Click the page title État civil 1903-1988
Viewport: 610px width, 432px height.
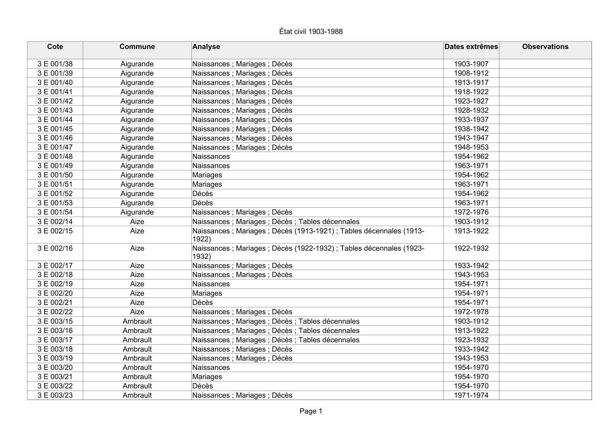pyautogui.click(x=311, y=32)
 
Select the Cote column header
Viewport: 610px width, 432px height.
pyautogui.click(x=55, y=47)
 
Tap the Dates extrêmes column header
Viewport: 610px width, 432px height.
pyautogui.click(x=471, y=47)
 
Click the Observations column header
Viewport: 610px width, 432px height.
pyautogui.click(x=545, y=47)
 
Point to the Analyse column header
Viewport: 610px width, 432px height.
pyautogui.click(x=206, y=47)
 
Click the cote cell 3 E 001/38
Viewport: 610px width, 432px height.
pyautogui.click(x=55, y=64)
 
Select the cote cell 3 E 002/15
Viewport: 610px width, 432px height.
pyautogui.click(x=55, y=231)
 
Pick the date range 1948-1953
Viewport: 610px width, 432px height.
pyautogui.click(x=471, y=147)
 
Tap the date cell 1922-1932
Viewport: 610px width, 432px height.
pyautogui.click(x=471, y=248)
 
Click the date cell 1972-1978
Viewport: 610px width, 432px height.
pyautogui.click(x=471, y=312)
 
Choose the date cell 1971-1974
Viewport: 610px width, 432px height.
pyautogui.click(x=471, y=395)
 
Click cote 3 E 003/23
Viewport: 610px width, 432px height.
pyautogui.click(x=55, y=395)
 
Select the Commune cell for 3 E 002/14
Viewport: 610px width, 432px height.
pyautogui.click(x=137, y=222)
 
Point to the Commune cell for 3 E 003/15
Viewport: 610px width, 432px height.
pyautogui.click(x=137, y=321)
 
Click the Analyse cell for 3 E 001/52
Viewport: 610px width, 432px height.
pyautogui.click(x=203, y=194)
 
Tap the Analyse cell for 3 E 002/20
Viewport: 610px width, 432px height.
pyautogui.click(x=207, y=293)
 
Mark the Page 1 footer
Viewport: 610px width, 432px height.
pyautogui.click(x=311, y=411)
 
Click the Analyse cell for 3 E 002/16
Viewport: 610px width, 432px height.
pyautogui.click(x=308, y=252)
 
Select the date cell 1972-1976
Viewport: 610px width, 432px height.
pyautogui.click(x=471, y=212)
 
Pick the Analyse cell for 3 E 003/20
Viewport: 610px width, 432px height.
pyautogui.click(x=211, y=368)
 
